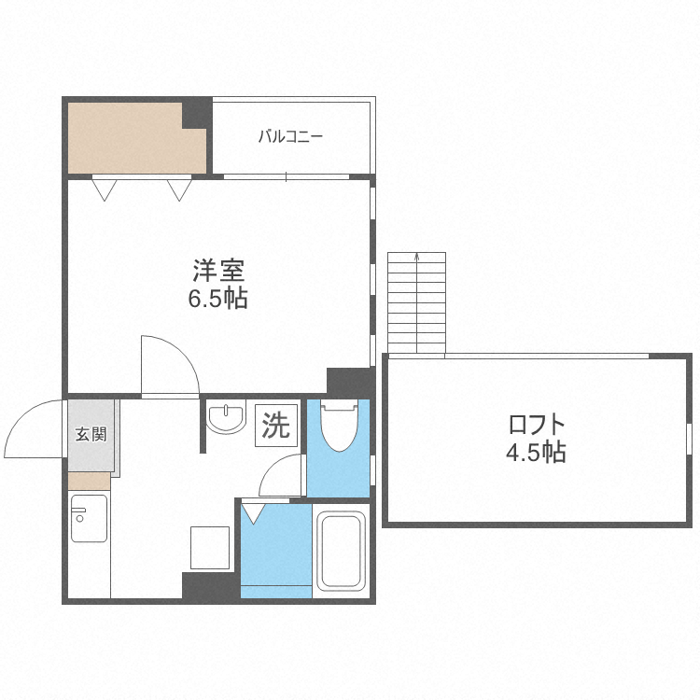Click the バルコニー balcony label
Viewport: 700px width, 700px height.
pos(290,136)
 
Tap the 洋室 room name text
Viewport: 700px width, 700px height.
pos(218,271)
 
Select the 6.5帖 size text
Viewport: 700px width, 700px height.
pos(217,299)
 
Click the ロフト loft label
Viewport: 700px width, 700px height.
pos(537,425)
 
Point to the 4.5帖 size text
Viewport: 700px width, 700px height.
pos(536,453)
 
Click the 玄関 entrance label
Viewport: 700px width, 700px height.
pos(91,434)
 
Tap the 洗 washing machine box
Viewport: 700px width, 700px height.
pos(276,425)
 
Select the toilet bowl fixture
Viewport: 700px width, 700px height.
pos(340,426)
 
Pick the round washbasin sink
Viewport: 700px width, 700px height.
pos(227,419)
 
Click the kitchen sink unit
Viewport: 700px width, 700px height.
pos(90,518)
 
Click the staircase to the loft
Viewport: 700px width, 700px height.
pos(416,302)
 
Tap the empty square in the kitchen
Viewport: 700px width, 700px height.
pos(210,548)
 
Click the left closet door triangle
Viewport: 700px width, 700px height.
pos(105,189)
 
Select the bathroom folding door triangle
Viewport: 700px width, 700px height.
pos(253,513)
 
